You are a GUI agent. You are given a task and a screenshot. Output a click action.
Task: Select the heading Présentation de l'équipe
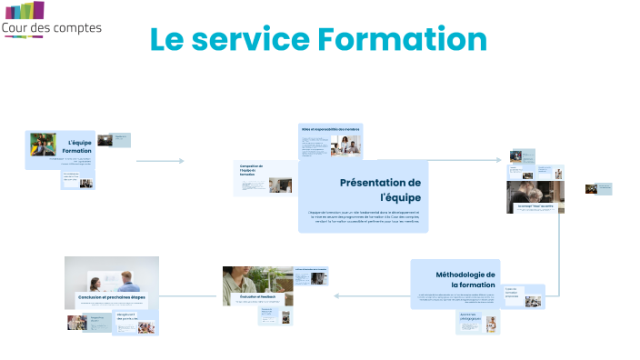[380, 190]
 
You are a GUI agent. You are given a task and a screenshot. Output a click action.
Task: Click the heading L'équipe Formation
[77, 147]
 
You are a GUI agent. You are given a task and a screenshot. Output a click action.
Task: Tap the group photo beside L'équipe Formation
[43, 145]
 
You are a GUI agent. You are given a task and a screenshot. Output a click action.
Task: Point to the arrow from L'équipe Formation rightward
[161, 161]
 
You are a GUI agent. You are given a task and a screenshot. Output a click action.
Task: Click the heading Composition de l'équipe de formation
[251, 171]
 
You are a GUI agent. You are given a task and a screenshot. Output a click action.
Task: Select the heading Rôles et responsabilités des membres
[330, 129]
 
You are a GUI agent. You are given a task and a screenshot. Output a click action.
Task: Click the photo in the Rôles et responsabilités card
[346, 146]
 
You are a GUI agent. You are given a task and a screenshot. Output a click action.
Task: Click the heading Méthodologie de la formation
[465, 279]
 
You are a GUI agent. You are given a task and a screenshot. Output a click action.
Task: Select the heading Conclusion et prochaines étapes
[110, 297]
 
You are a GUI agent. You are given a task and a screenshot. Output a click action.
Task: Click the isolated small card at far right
[598, 188]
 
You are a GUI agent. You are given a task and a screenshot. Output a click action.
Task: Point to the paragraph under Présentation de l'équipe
[364, 218]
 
